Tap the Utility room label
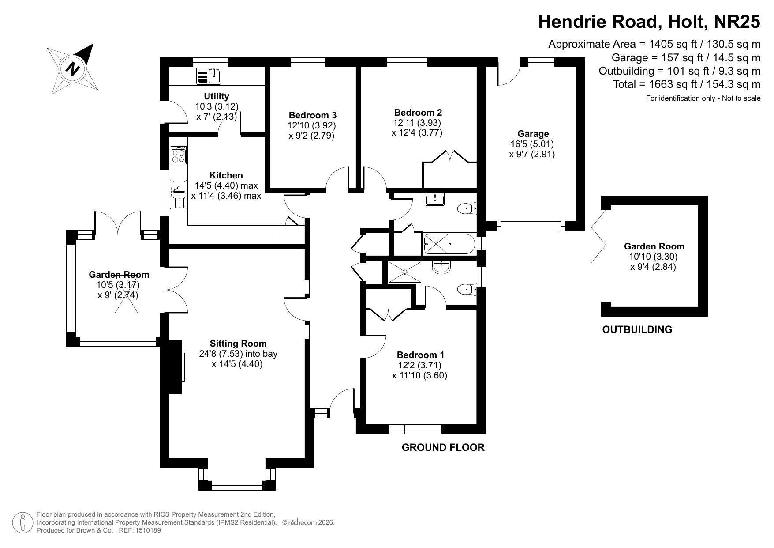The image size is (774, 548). point(216,96)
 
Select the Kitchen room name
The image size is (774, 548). point(226,175)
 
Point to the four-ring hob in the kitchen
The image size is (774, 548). point(179,155)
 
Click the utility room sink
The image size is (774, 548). point(209,76)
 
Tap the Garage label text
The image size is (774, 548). point(533,134)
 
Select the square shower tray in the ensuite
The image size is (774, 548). point(405,272)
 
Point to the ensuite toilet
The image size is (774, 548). point(467,290)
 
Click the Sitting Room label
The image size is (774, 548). point(238,344)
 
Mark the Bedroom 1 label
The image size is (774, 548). point(420,355)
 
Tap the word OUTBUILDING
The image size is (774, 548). point(637,329)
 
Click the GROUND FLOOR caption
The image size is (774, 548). point(443,447)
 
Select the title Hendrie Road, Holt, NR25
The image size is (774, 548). point(649,21)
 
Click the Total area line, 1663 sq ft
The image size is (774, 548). point(687,84)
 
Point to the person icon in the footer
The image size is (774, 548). point(22,523)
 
